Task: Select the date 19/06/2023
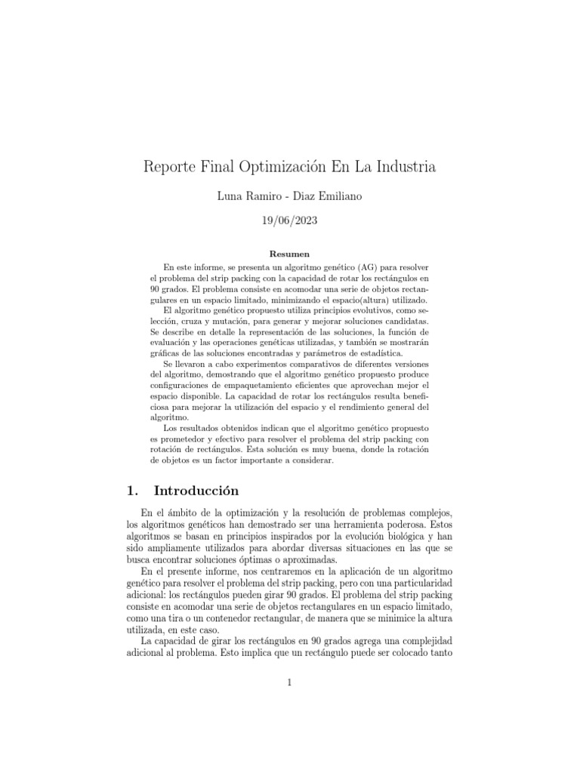[x=290, y=221]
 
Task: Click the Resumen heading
[x=289, y=254]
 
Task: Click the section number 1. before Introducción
[x=134, y=491]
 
